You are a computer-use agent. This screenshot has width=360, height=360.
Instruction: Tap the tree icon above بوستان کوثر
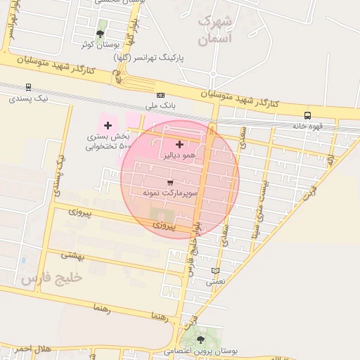pos(101,33)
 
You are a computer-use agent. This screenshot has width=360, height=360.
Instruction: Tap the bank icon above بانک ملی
pos(161,95)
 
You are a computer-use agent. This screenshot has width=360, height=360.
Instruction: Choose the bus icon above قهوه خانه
pos(307,116)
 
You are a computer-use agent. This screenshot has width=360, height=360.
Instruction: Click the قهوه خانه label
pos(307,127)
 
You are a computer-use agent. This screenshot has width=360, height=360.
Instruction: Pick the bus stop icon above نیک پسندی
pos(28,88)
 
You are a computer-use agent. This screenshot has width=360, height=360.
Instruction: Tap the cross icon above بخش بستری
pos(108,125)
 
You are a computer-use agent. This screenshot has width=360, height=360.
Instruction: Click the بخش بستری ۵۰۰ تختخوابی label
pos(108,141)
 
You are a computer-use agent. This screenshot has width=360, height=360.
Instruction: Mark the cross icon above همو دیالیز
pos(179,144)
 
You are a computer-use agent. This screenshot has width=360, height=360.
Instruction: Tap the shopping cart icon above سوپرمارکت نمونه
pos(170,181)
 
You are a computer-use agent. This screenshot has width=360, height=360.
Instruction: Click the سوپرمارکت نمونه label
pos(170,192)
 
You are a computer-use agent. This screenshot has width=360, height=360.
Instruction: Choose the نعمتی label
pos(215,281)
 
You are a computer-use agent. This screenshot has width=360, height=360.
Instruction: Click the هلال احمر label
pos(32,349)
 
